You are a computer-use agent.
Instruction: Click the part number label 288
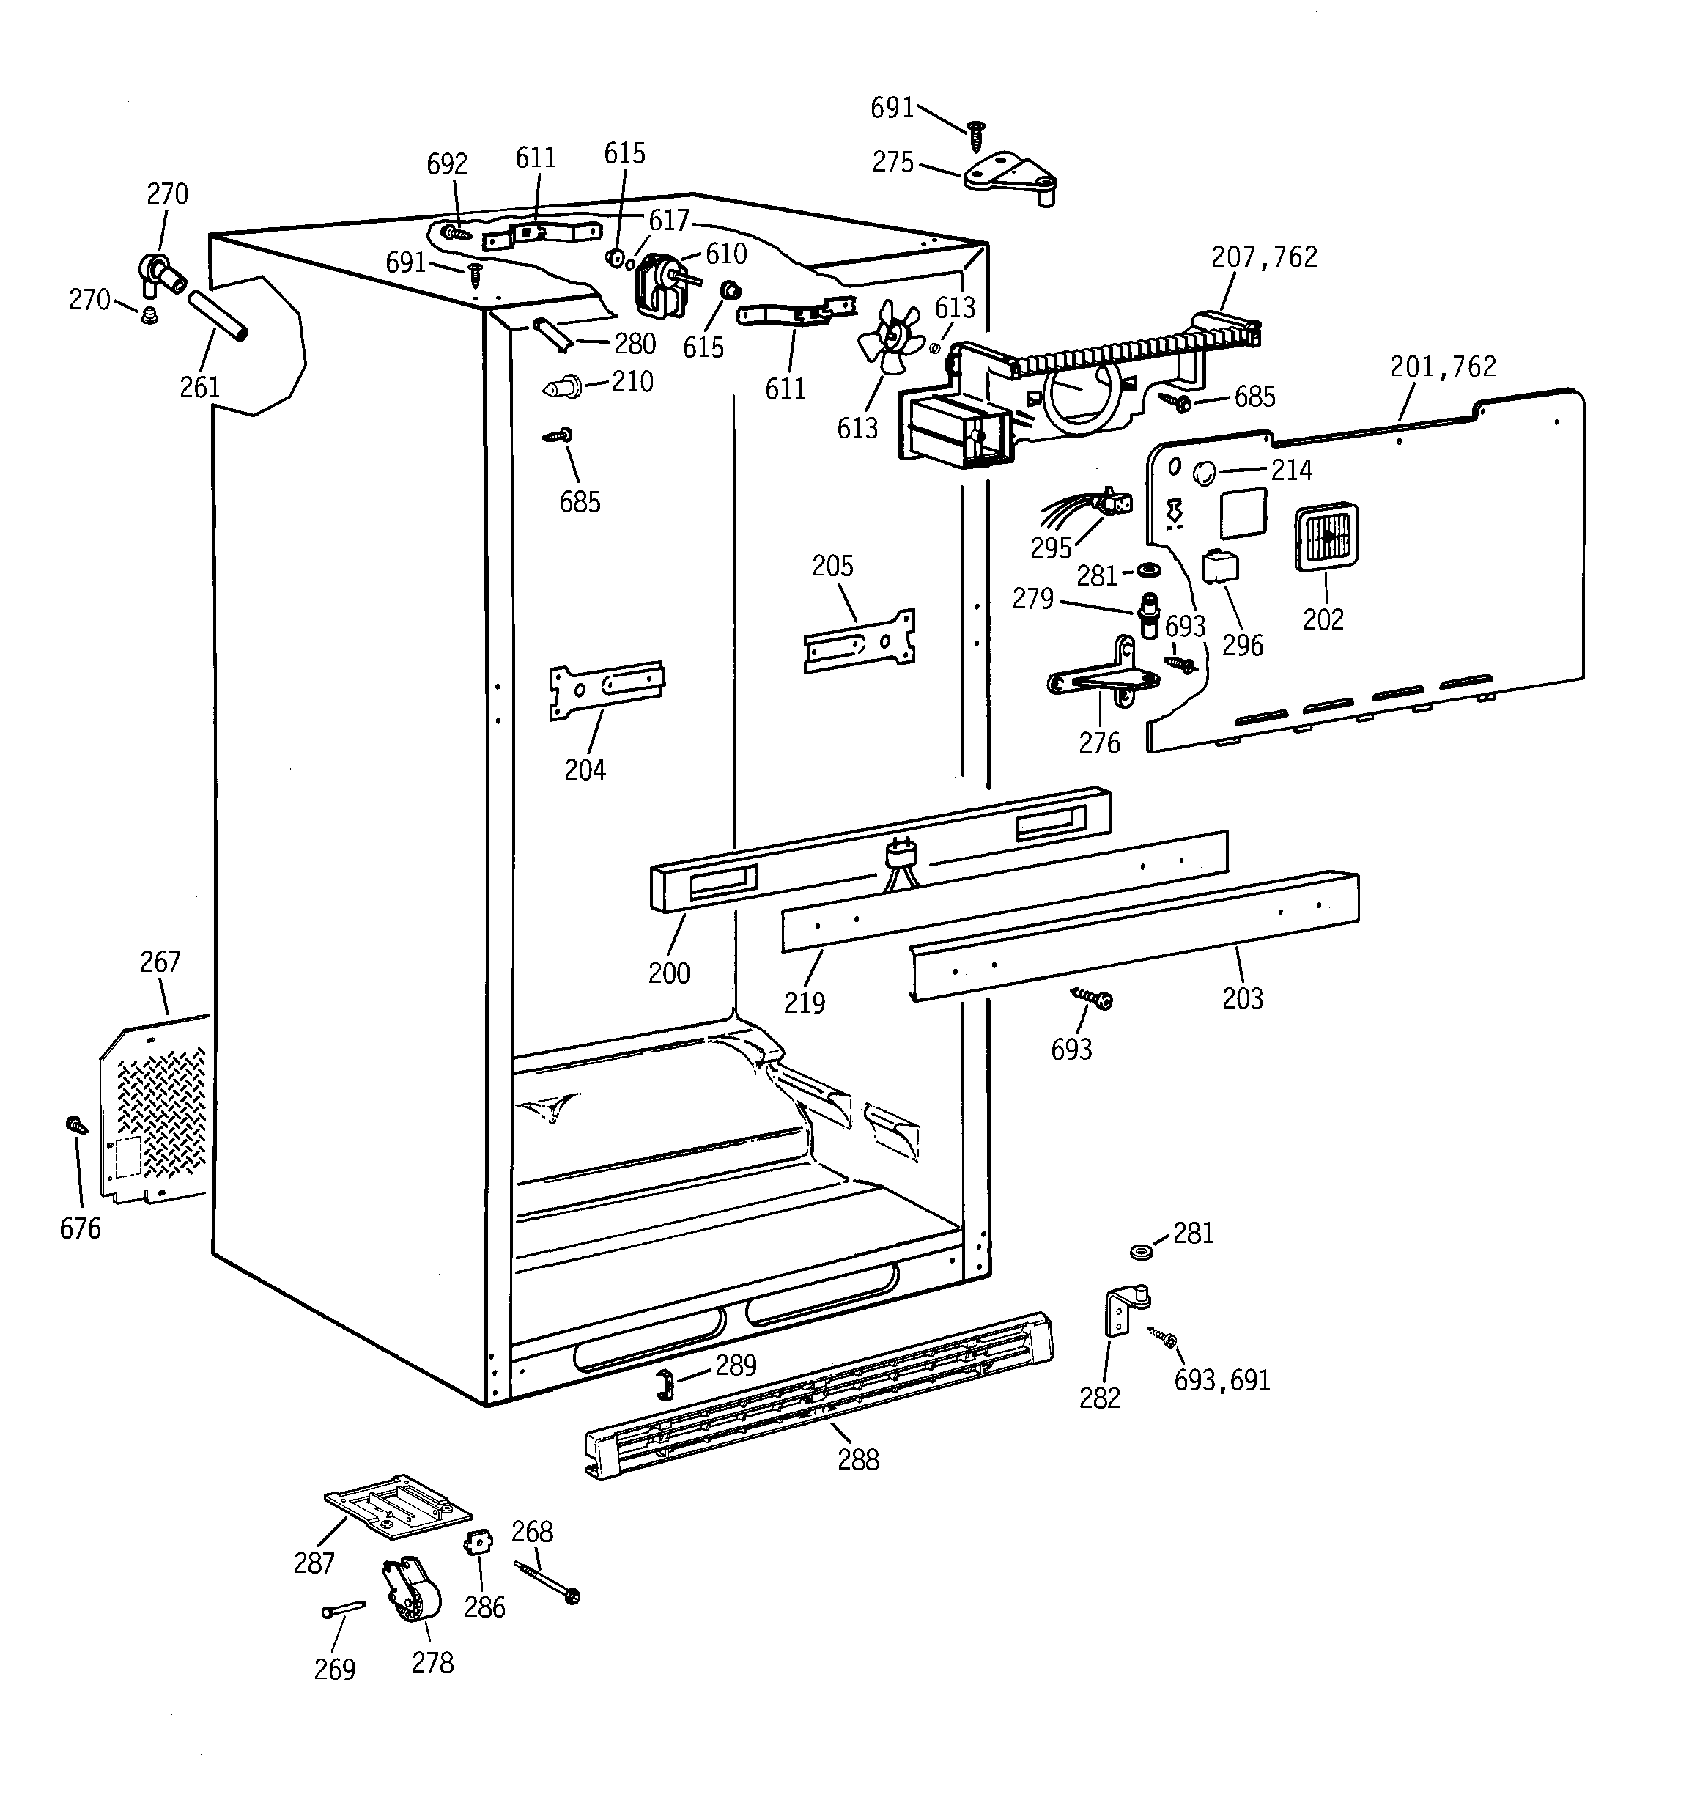[858, 1459]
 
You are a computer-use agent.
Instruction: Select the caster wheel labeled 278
[413, 1615]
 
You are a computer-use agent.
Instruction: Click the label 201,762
[1442, 366]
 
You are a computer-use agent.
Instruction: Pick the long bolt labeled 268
[547, 1582]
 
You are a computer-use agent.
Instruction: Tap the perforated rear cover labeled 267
[155, 1113]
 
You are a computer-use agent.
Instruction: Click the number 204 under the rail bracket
[584, 770]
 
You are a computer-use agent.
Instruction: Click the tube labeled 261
[217, 317]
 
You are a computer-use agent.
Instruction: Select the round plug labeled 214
[1204, 473]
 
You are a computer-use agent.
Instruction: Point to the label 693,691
[1221, 1381]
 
